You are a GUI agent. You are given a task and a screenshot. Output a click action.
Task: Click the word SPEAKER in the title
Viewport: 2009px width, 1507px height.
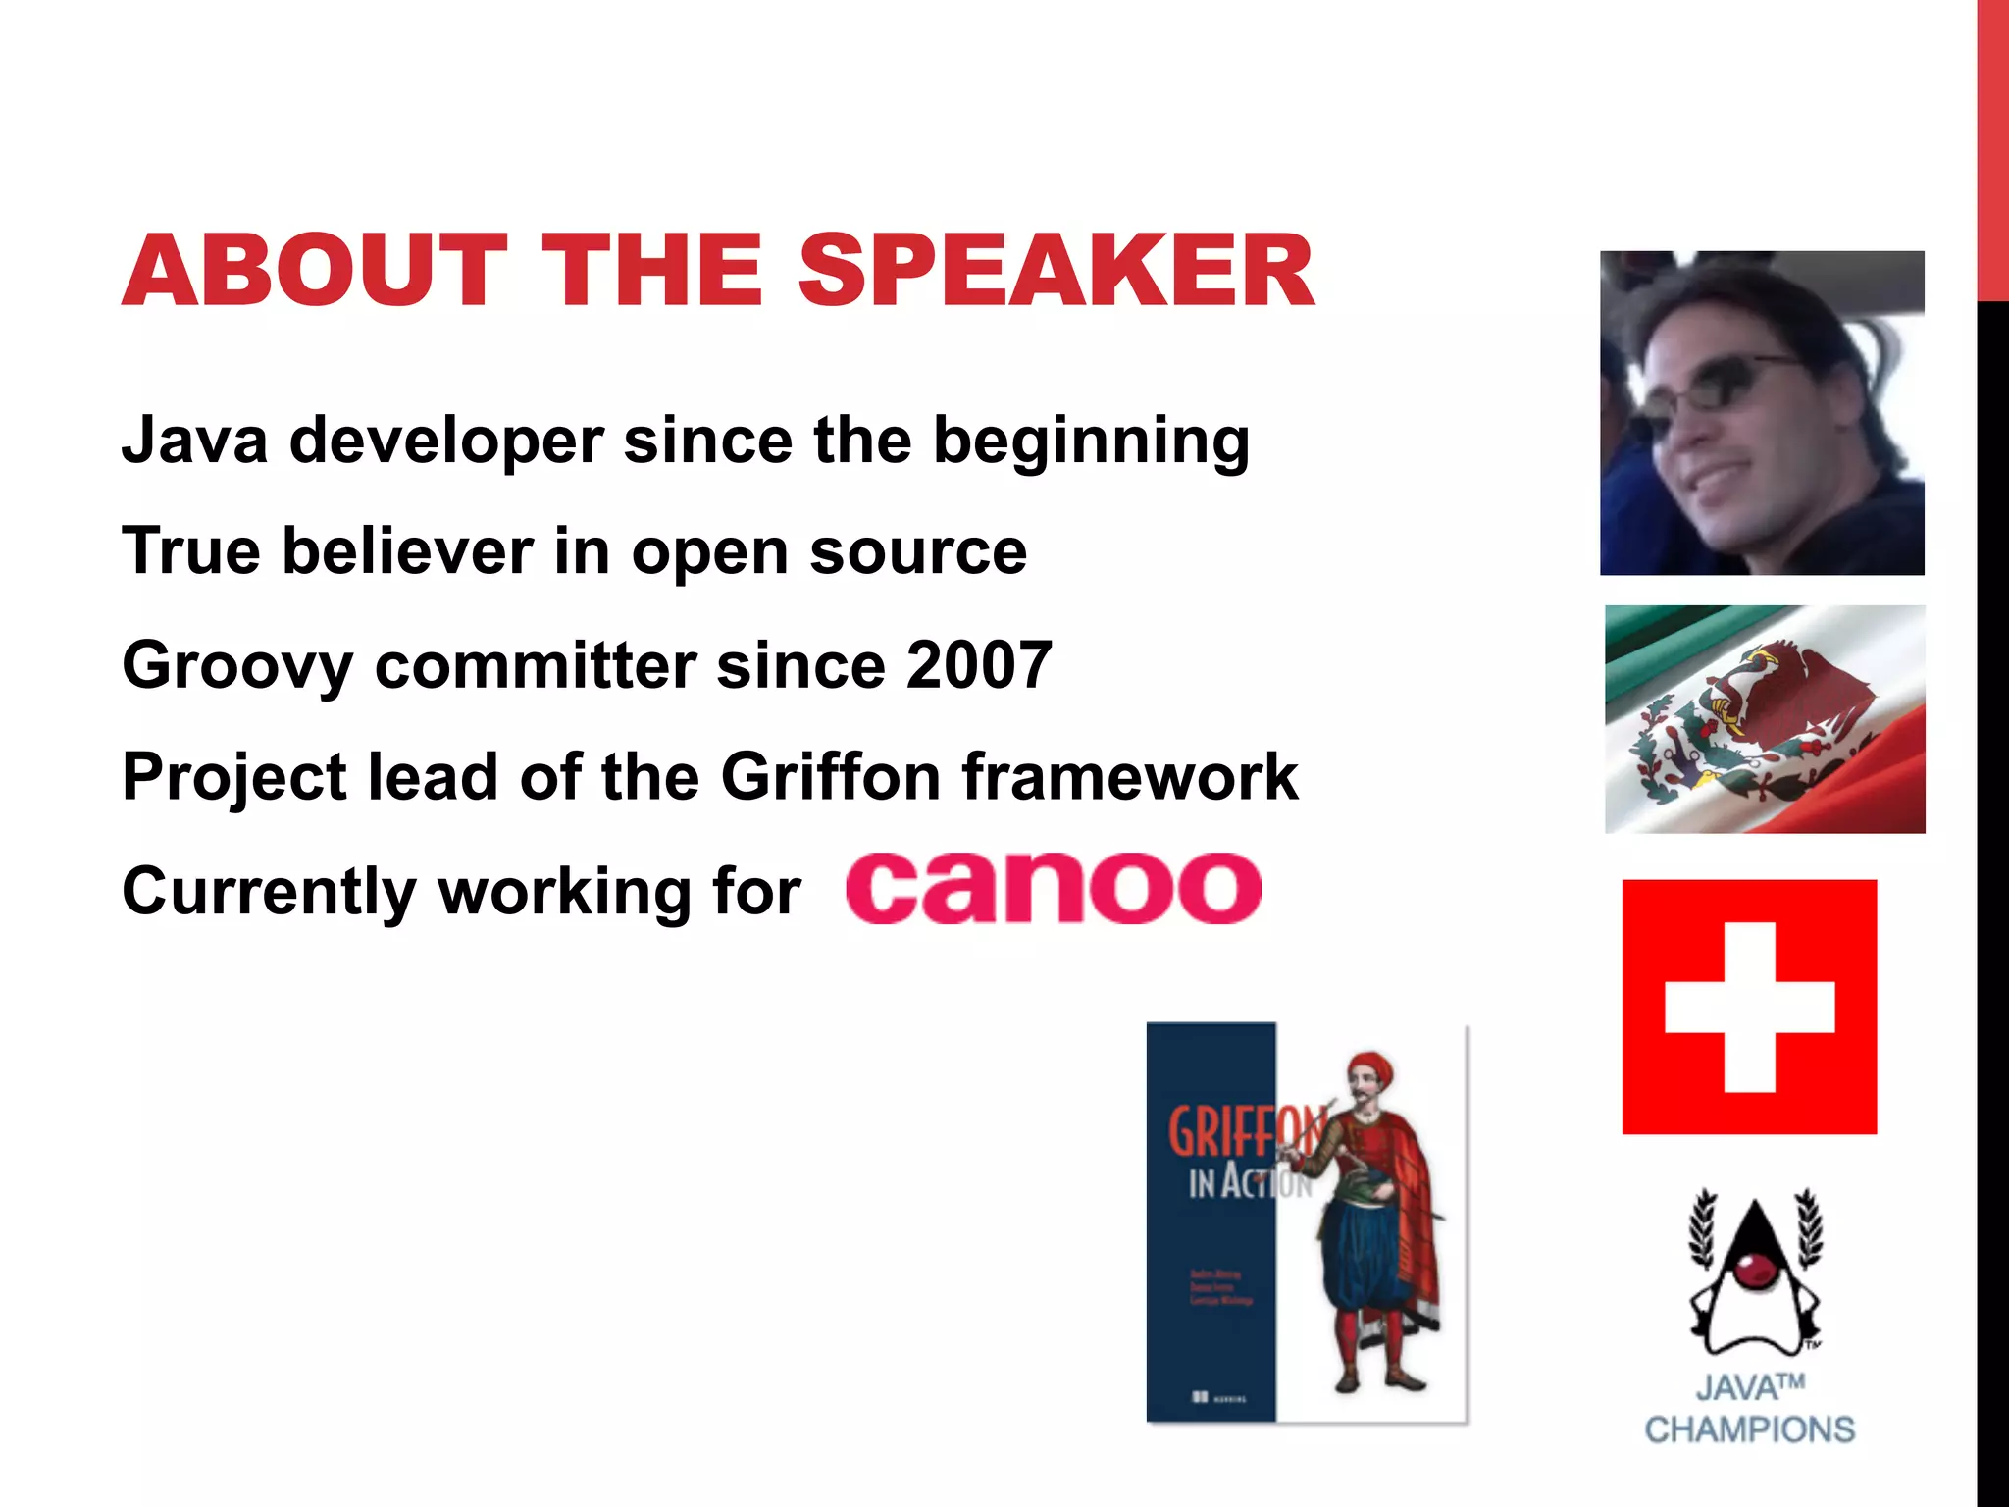[x=1056, y=271]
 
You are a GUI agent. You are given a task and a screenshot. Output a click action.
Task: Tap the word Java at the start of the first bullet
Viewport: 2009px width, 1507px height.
[x=194, y=440]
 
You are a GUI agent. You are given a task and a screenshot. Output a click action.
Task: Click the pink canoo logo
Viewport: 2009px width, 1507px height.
[x=1054, y=888]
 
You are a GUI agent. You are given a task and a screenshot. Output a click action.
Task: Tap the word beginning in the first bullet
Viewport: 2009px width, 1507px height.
[x=1091, y=442]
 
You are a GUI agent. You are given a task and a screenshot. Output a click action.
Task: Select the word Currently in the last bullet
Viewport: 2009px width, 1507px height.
[x=270, y=893]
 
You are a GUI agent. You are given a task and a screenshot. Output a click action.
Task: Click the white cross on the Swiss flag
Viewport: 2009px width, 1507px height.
[x=1749, y=1007]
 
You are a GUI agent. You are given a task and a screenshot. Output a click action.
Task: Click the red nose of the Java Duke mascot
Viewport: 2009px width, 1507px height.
[x=1749, y=1273]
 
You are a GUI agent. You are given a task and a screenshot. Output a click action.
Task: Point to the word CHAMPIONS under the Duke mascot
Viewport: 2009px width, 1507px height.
[x=1749, y=1429]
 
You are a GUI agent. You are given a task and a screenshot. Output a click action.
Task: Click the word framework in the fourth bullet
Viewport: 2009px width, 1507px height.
[x=1130, y=777]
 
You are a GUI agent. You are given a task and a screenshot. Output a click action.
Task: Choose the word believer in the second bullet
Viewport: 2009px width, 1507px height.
[x=407, y=551]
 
